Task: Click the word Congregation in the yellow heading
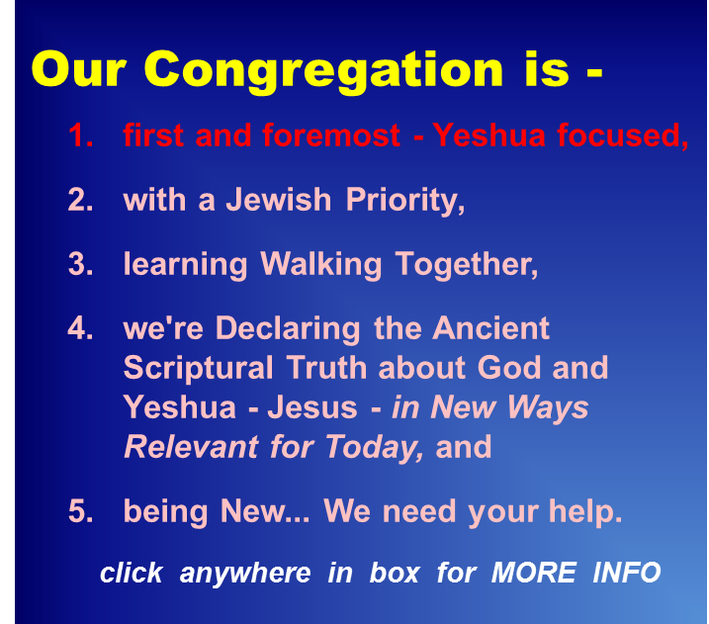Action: pyautogui.click(x=323, y=71)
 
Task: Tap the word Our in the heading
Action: pyautogui.click(x=78, y=69)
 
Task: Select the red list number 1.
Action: pyautogui.click(x=80, y=134)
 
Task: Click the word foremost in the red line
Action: pyautogui.click(x=331, y=134)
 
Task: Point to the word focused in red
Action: pyautogui.click(x=623, y=135)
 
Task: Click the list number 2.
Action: pyautogui.click(x=80, y=200)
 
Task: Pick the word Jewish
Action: pyautogui.click(x=279, y=199)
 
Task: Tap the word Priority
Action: pyautogui.click(x=405, y=201)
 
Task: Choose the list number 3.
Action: pyautogui.click(x=80, y=264)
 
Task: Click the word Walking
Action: pyautogui.click(x=321, y=264)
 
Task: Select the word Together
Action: pyautogui.click(x=467, y=264)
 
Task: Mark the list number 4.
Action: pyautogui.click(x=80, y=328)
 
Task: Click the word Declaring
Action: pyautogui.click(x=288, y=328)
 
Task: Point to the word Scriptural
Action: pyautogui.click(x=198, y=368)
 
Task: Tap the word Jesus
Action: pyautogui.click(x=312, y=407)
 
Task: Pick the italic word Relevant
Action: pyautogui.click(x=191, y=447)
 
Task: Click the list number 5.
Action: pyautogui.click(x=80, y=511)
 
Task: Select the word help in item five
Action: pyautogui.click(x=585, y=511)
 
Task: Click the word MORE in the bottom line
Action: pyautogui.click(x=534, y=573)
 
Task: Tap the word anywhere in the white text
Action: pyautogui.click(x=245, y=574)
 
